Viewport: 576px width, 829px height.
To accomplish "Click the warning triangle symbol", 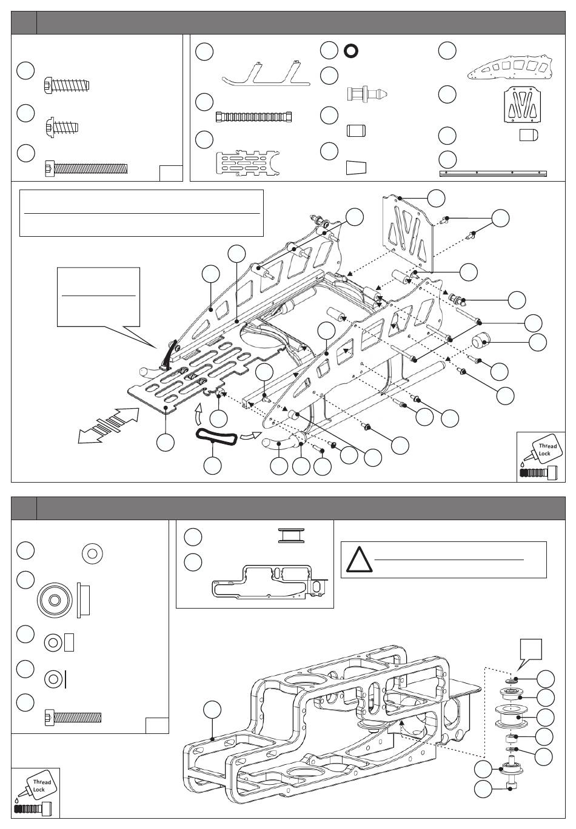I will pos(358,560).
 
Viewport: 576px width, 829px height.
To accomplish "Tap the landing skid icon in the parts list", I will pos(261,73).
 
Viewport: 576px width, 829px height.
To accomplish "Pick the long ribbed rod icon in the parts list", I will pos(254,116).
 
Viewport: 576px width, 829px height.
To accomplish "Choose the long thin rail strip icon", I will pos(492,173).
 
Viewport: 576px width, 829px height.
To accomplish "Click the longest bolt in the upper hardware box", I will pos(86,168).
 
